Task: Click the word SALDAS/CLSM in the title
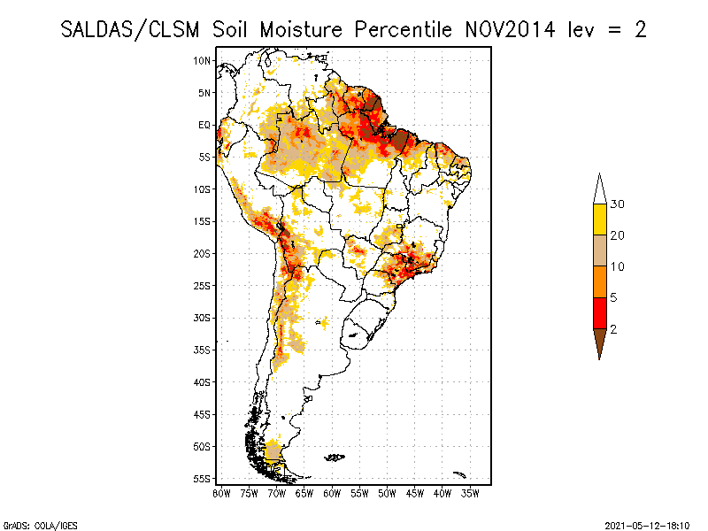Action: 130,30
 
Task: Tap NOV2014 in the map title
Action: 510,30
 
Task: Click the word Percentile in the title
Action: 403,30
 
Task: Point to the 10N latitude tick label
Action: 202,61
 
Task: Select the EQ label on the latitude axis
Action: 204,125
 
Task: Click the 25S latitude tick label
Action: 202,286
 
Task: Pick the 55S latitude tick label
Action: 202,479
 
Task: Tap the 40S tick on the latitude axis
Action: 202,382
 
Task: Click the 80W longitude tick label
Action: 221,494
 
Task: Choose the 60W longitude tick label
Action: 332,494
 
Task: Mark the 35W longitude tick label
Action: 470,494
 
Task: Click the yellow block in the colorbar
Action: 600,219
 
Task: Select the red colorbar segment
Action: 600,313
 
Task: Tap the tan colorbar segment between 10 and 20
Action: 600,250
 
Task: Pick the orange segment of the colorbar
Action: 600,281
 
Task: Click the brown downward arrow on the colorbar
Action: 600,341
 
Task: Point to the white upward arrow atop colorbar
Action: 600,191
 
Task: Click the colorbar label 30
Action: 617,204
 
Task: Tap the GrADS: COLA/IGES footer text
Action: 41,526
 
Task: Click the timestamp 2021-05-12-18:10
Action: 648,526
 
